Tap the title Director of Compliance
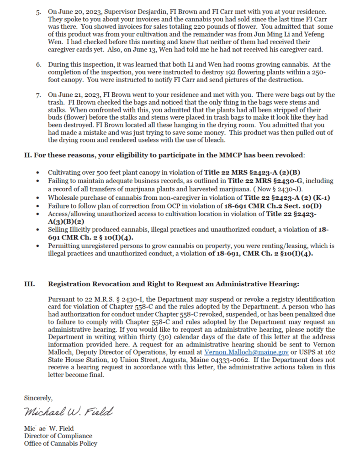(x=58, y=436)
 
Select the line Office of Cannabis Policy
(x=60, y=443)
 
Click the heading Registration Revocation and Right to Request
(x=173, y=284)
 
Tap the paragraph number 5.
(x=39, y=10)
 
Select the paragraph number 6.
(x=39, y=64)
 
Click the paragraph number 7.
(x=39, y=95)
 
